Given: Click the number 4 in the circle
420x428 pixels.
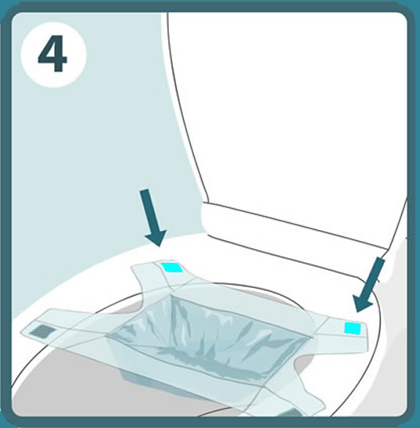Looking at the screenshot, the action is point(52,54).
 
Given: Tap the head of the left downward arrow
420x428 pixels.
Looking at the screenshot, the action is point(156,237).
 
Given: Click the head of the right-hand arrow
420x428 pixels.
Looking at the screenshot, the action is point(361,304).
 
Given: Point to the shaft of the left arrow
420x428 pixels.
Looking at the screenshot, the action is point(148,210).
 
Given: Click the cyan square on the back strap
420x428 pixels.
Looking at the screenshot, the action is point(171,268).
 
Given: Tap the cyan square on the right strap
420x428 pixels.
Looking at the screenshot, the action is point(353,329).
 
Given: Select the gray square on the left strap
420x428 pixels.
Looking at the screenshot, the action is point(42,331).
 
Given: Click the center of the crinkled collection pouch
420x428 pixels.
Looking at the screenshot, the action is point(207,339).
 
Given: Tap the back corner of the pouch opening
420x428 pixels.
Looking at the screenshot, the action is point(171,295).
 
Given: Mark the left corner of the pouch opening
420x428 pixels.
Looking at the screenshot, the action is point(106,335).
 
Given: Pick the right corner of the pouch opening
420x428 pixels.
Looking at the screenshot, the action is point(310,338).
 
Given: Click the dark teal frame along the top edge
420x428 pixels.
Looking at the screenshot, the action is point(210,6).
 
